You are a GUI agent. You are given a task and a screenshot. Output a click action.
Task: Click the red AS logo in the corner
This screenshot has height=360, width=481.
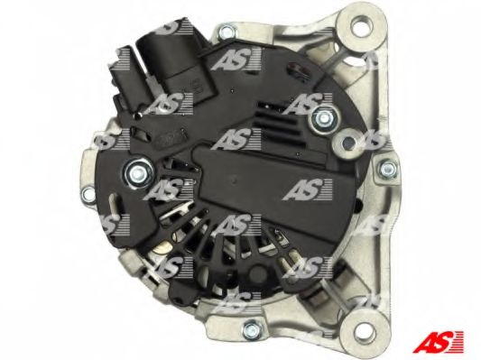click(x=438, y=342)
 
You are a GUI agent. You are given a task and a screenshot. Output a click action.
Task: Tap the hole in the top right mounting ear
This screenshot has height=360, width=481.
click(x=362, y=25)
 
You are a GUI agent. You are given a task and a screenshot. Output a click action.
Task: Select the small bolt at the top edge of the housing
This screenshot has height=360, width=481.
click(x=227, y=31)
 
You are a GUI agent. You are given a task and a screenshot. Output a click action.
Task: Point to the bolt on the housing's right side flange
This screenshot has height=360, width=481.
click(x=387, y=170)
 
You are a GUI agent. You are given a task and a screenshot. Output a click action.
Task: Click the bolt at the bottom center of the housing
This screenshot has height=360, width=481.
click(x=252, y=328)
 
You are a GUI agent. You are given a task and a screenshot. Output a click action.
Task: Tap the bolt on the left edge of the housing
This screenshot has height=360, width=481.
click(x=88, y=194)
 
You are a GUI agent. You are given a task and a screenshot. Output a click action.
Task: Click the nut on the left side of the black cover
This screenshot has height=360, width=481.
click(x=138, y=173)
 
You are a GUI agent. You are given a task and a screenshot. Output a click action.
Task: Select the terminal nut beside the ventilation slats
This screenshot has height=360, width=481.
click(x=322, y=118)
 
